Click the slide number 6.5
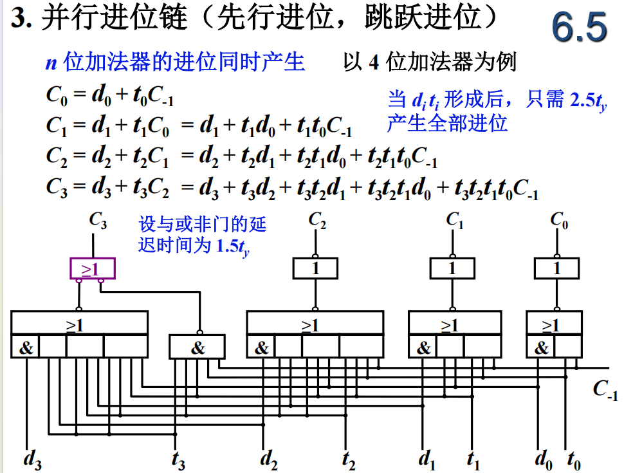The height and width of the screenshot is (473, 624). click(578, 29)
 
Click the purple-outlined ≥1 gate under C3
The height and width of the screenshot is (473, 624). click(93, 268)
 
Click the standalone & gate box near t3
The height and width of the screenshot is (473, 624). click(197, 348)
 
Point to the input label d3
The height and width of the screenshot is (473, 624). click(32, 459)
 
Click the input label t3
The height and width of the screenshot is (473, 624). click(178, 459)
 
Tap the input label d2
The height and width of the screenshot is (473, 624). click(269, 459)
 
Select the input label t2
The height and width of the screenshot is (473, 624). click(348, 459)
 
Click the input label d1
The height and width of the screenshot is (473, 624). click(427, 459)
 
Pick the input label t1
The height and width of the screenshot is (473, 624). click(473, 459)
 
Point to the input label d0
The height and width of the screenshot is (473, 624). click(544, 459)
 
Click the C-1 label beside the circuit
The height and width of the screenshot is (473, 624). click(605, 390)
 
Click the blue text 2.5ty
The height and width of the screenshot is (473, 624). click(589, 101)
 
